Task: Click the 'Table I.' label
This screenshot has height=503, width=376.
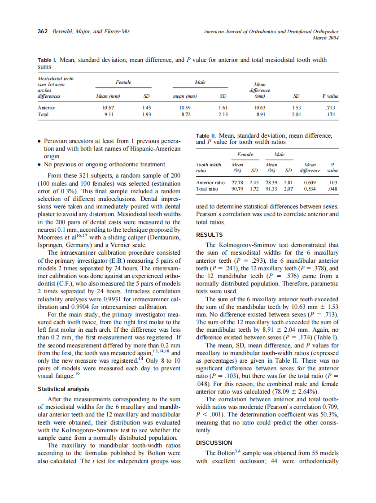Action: click(x=46, y=60)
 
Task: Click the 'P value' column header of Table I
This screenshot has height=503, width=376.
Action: click(x=330, y=96)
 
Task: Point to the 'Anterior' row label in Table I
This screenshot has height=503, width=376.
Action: click(x=47, y=108)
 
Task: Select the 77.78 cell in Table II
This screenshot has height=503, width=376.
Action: click(x=237, y=182)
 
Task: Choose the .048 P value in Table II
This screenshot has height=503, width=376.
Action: click(x=332, y=189)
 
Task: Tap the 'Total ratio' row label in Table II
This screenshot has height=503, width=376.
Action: click(x=207, y=189)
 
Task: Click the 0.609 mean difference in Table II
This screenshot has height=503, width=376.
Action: click(x=310, y=182)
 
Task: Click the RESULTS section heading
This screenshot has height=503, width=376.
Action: click(x=209, y=234)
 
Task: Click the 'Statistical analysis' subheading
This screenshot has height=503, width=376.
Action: click(x=63, y=389)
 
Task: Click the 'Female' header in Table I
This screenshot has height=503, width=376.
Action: click(x=123, y=82)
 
